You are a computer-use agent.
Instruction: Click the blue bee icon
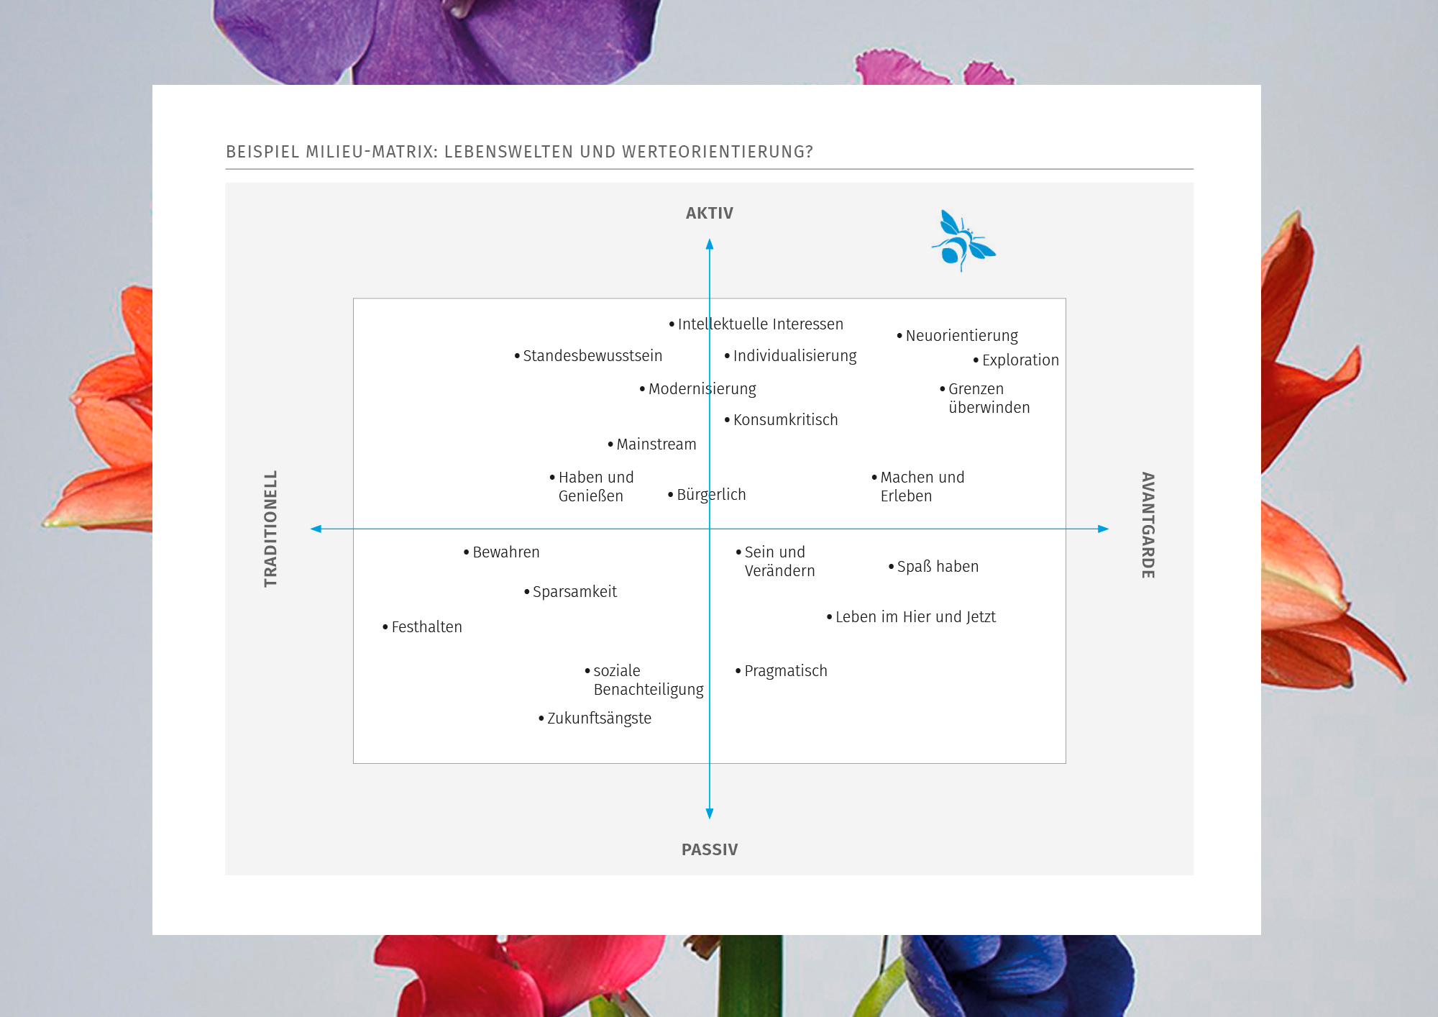pyautogui.click(x=963, y=242)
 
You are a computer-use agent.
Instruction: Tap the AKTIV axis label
pyautogui.click(x=709, y=214)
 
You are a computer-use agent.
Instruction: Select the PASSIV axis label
pyautogui.click(x=709, y=849)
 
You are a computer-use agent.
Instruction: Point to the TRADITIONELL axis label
pyautogui.click(x=270, y=529)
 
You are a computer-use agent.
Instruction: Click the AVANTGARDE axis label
pyautogui.click(x=1148, y=525)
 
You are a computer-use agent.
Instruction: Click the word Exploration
pyautogui.click(x=1020, y=360)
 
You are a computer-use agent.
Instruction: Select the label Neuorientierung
pyautogui.click(x=961, y=336)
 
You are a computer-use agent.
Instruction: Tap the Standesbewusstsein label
pyautogui.click(x=592, y=356)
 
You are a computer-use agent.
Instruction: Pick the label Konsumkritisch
pyautogui.click(x=785, y=420)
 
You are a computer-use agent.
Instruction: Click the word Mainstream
pyautogui.click(x=656, y=444)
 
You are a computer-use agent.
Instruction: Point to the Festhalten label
pyautogui.click(x=426, y=627)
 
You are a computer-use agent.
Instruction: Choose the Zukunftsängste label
pyautogui.click(x=599, y=719)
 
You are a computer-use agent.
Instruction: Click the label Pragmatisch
pyautogui.click(x=785, y=671)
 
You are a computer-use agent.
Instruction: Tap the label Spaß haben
pyautogui.click(x=938, y=567)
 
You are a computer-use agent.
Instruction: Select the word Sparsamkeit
pyautogui.click(x=574, y=592)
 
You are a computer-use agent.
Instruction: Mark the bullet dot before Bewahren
pyautogui.click(x=466, y=552)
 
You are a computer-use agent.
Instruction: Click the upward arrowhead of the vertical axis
pyautogui.click(x=710, y=245)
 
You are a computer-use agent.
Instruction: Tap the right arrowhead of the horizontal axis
pyautogui.click(x=1103, y=529)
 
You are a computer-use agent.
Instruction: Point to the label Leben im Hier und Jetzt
pyautogui.click(x=915, y=617)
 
